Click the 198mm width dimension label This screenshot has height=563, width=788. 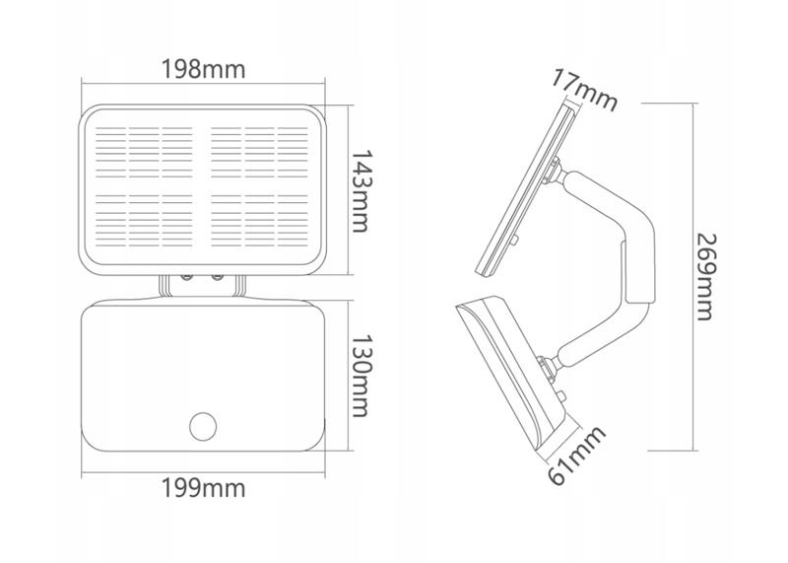coord(203,69)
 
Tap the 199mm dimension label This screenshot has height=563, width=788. coord(203,487)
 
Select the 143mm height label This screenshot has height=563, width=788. coord(361,190)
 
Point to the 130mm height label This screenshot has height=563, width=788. coord(361,376)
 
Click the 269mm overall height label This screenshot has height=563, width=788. coord(705,277)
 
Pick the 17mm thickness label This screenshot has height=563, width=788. coord(585,91)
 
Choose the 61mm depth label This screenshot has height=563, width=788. coord(576,456)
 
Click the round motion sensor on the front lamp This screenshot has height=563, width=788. coord(203,426)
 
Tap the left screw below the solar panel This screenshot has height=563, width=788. coord(186,277)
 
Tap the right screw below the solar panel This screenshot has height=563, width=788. coord(218,277)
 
